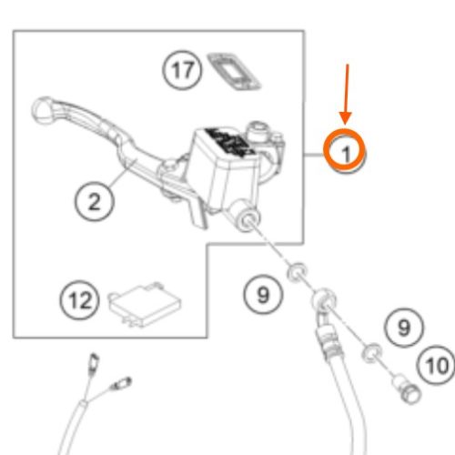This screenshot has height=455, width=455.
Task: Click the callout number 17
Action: [x=182, y=70]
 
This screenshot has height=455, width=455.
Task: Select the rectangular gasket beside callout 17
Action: [x=234, y=72]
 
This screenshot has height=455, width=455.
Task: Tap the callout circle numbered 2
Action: [x=95, y=201]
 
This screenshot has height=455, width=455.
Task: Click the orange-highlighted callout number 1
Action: [x=345, y=151]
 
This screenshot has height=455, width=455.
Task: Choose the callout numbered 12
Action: [x=80, y=299]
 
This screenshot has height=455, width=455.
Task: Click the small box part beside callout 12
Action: [x=145, y=304]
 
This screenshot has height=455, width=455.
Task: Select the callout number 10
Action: [x=437, y=366]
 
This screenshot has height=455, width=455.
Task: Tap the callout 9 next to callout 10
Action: [x=404, y=328]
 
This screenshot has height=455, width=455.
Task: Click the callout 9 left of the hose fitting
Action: [x=263, y=294]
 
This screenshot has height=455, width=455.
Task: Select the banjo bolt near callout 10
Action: [x=407, y=389]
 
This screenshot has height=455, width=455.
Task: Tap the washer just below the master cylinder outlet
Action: [x=297, y=272]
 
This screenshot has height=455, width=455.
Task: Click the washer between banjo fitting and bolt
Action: [x=372, y=353]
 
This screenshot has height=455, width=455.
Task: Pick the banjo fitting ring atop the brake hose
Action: [x=323, y=299]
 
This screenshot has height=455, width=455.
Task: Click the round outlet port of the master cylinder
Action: [x=248, y=220]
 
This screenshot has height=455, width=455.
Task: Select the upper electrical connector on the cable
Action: [x=94, y=362]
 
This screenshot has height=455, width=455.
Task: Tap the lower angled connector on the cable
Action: [x=122, y=383]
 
